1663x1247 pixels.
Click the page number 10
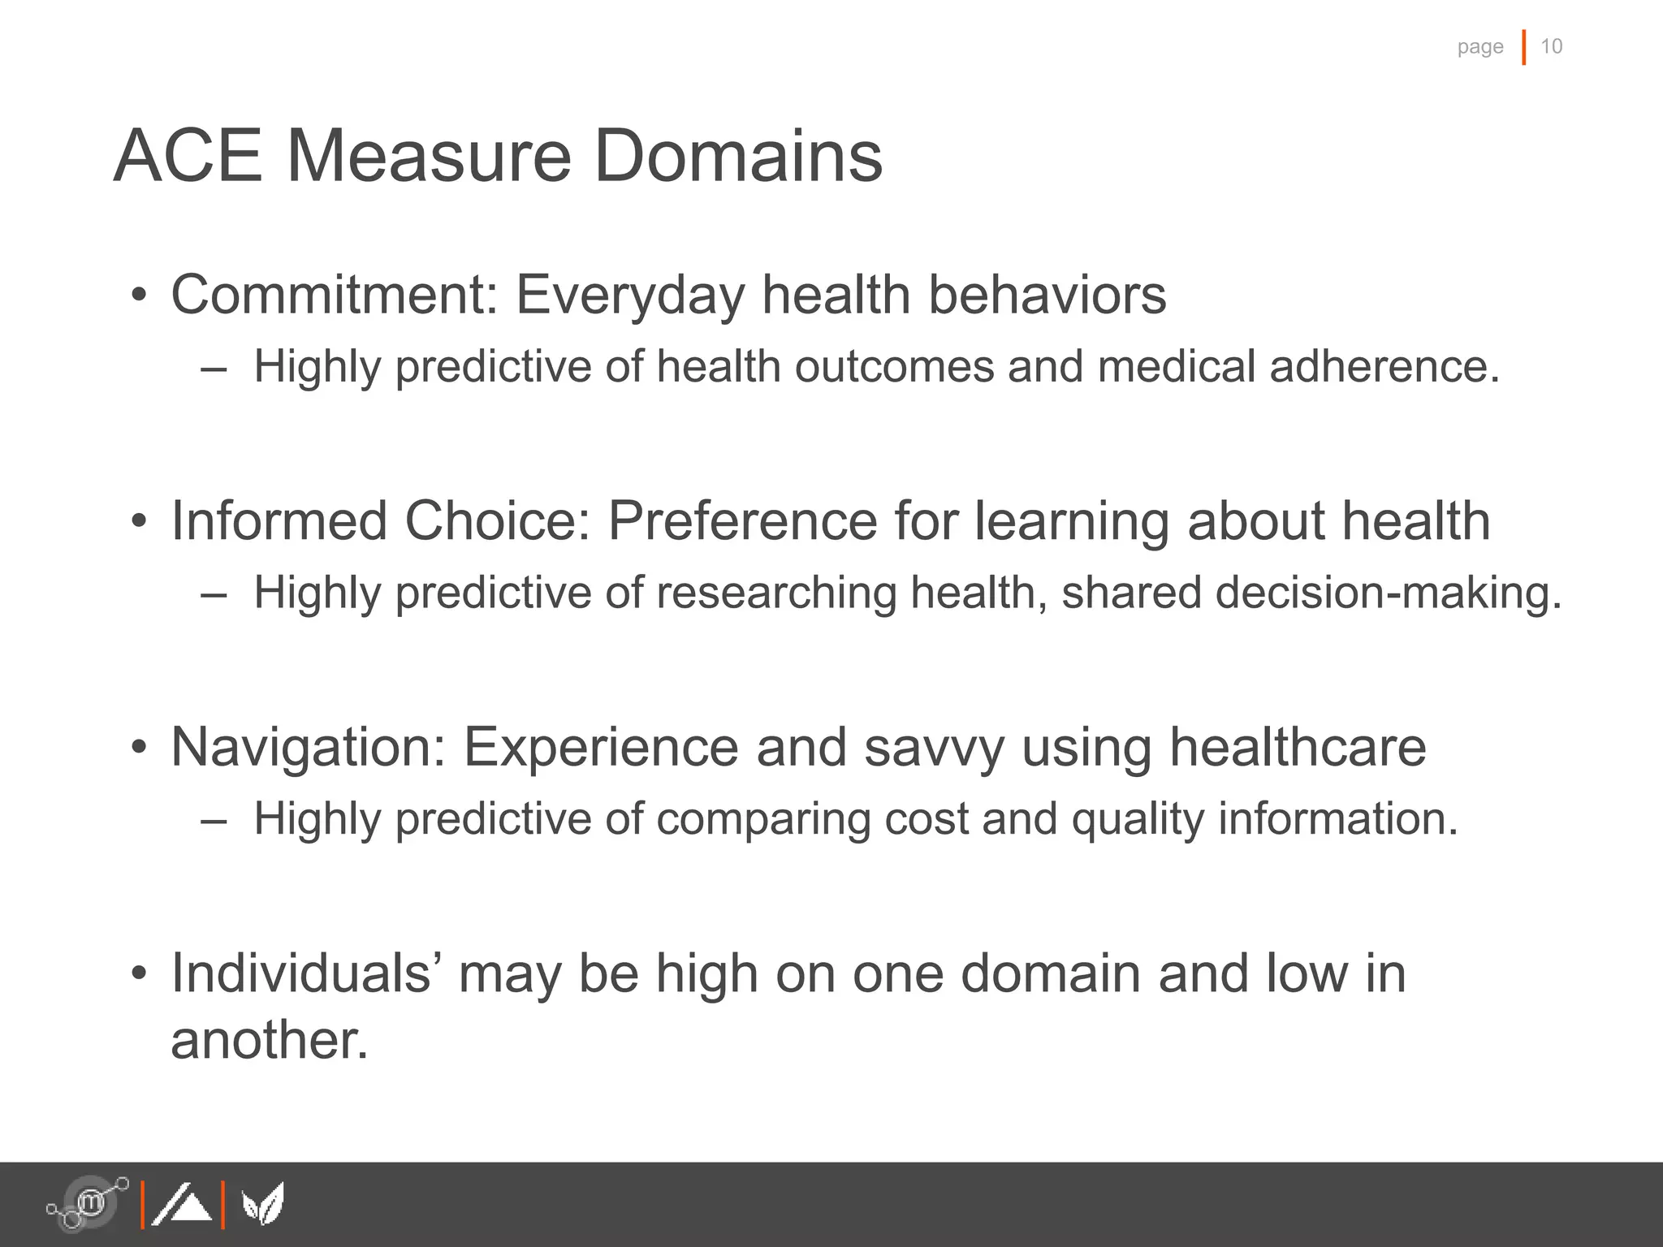[1551, 46]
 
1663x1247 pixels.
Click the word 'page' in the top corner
[1479, 47]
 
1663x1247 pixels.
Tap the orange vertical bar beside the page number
[1523, 47]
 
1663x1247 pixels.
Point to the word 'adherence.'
[1384, 366]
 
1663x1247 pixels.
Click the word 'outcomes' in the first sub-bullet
[894, 366]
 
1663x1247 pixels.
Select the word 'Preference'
[742, 520]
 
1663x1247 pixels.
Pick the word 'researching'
[776, 593]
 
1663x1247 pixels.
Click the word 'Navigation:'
[309, 747]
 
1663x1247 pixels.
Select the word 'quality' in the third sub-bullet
[1137, 818]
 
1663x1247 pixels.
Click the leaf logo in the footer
[263, 1204]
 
